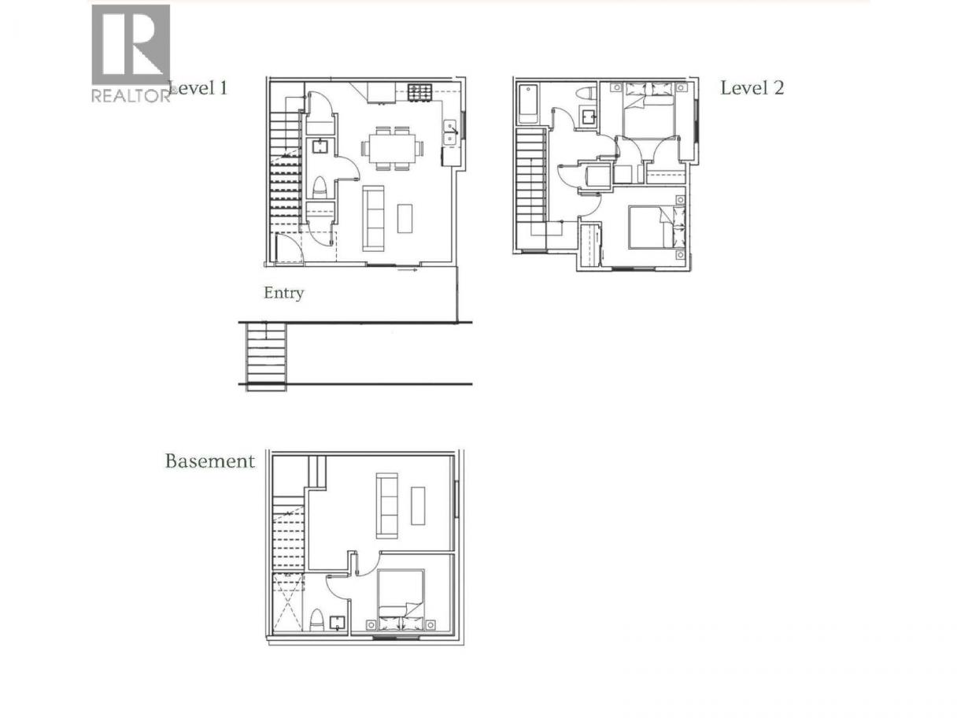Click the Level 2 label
tap(752, 88)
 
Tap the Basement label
tap(209, 461)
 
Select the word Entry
tap(284, 293)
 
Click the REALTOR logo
tap(131, 54)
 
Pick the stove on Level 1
tap(419, 92)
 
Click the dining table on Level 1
tap(392, 148)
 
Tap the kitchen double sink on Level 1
tap(450, 131)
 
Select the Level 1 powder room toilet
tap(320, 188)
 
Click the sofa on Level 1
tap(374, 218)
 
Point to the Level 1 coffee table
tap(405, 218)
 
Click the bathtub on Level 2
tap(529, 105)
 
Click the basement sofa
tap(386, 505)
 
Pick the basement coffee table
tap(418, 505)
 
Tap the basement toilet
tap(316, 620)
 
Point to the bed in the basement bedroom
tap(401, 600)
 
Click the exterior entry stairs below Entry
tap(266, 356)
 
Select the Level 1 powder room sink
tap(320, 146)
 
